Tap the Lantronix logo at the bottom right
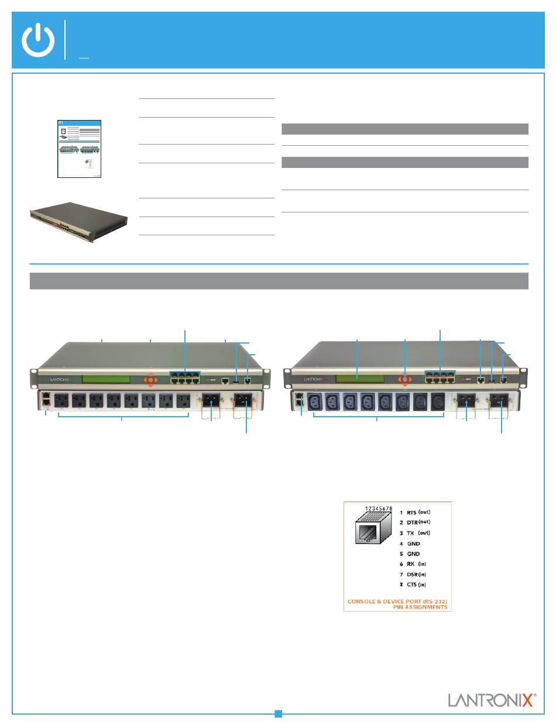pyautogui.click(x=491, y=700)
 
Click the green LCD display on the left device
pyautogui.click(x=106, y=379)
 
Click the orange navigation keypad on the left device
pyautogui.click(x=150, y=380)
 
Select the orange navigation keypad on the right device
pyautogui.click(x=404, y=379)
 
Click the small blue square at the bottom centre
pyautogui.click(x=279, y=713)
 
